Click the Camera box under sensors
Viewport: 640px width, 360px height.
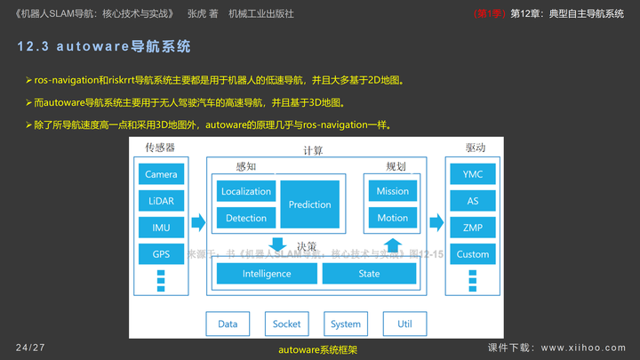click(x=161, y=174)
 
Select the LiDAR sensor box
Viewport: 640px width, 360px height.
click(x=161, y=201)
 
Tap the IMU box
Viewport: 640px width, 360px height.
click(x=161, y=228)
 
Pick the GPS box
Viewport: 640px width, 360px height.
click(x=161, y=254)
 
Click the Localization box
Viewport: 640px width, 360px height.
click(x=246, y=191)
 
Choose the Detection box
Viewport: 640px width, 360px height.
click(x=246, y=218)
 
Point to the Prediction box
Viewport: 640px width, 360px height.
click(x=309, y=204)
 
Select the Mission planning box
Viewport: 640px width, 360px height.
click(x=392, y=191)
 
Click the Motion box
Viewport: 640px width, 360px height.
click(x=392, y=218)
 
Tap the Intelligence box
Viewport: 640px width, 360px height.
click(x=266, y=274)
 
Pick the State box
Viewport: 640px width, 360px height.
click(x=369, y=274)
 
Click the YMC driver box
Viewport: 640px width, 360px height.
click(x=473, y=174)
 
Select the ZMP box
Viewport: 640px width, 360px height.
click(x=473, y=228)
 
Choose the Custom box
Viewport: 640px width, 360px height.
click(x=473, y=254)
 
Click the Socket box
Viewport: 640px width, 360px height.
click(x=286, y=324)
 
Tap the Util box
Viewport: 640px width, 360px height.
click(x=404, y=324)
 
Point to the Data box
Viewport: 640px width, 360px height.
click(x=228, y=324)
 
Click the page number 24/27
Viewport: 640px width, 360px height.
click(x=30, y=346)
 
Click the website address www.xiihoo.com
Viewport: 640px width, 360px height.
click(x=582, y=346)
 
